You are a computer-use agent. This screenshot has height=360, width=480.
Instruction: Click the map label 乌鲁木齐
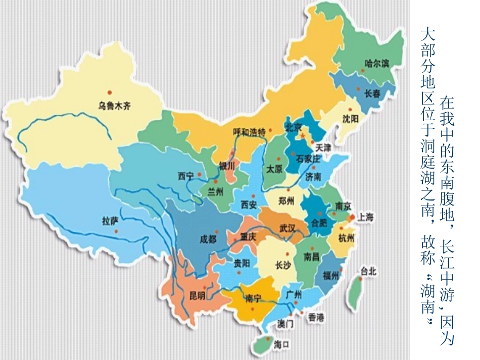[114, 106]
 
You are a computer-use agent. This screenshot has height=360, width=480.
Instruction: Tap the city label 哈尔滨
[377, 64]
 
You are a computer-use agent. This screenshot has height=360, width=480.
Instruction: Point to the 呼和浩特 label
[249, 133]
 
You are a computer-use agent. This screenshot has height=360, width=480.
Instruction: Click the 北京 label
[294, 126]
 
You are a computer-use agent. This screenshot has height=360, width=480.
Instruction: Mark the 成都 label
[208, 239]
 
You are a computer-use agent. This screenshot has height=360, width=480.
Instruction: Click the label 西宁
[185, 176]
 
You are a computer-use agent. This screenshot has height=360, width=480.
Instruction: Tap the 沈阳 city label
[350, 119]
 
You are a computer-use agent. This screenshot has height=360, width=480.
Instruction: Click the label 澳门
[284, 324]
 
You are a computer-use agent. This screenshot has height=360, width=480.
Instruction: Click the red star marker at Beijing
[303, 136]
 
